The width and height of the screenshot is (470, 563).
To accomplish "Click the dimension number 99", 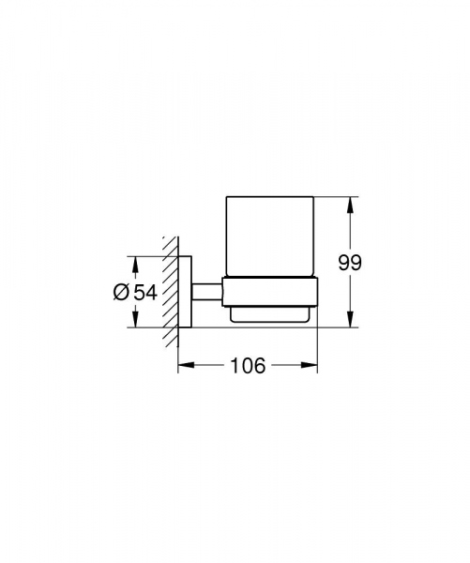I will [x=350, y=263].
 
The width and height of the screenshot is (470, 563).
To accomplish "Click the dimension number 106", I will [x=247, y=366].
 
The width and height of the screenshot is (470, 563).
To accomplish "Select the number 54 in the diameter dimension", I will [x=144, y=293].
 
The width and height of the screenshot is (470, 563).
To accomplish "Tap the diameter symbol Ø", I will [x=121, y=293].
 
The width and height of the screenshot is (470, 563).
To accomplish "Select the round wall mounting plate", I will [x=186, y=291].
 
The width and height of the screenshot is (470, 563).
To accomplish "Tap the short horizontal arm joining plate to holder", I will [x=206, y=291].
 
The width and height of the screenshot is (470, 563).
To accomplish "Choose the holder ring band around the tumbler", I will [x=270, y=292].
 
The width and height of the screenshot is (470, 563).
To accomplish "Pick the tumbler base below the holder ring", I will [x=270, y=316].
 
